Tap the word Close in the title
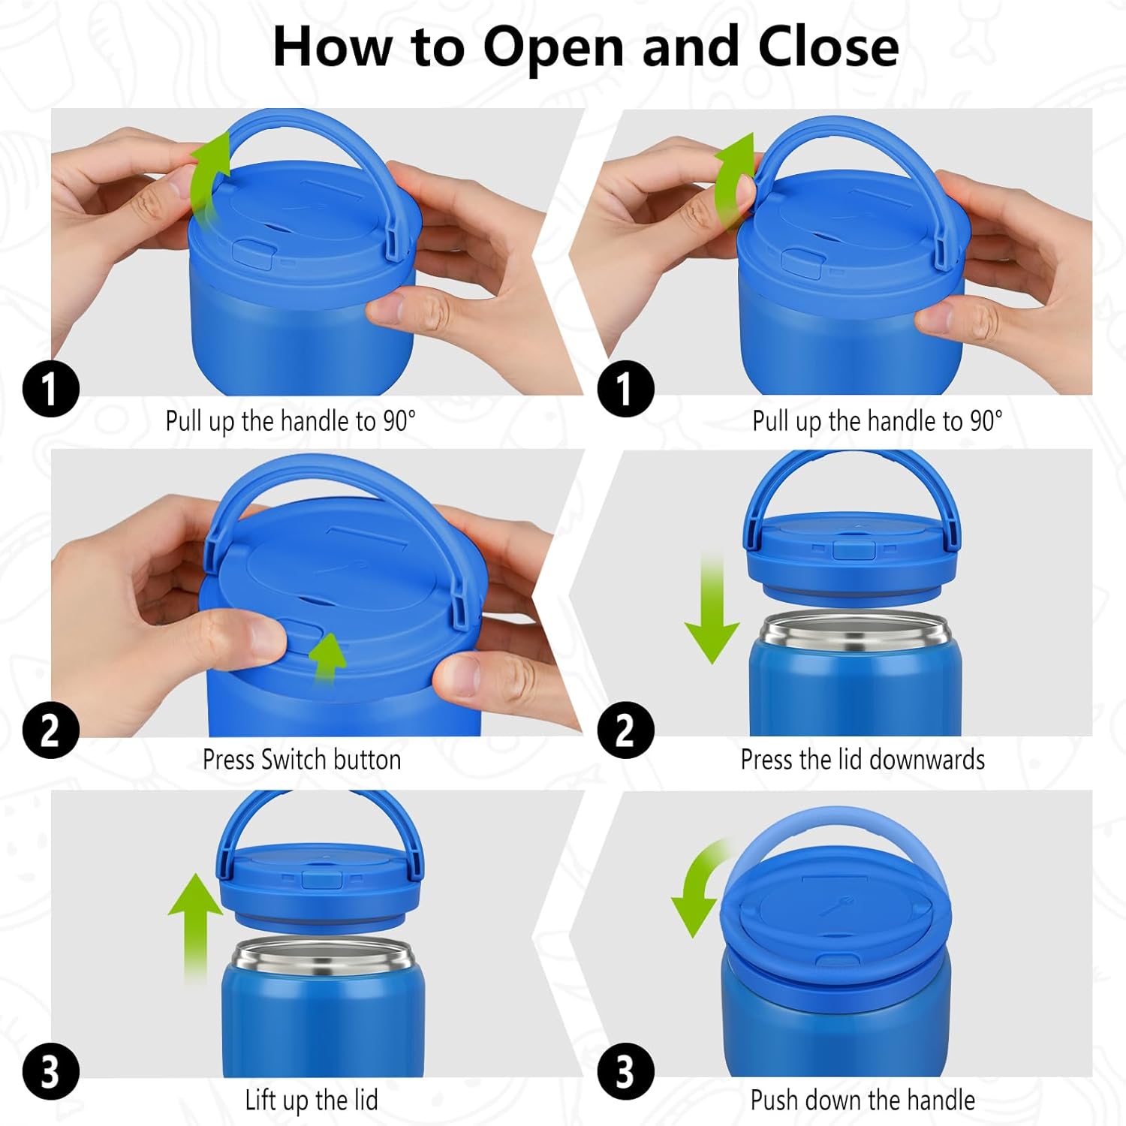click(x=828, y=47)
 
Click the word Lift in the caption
click(x=260, y=1100)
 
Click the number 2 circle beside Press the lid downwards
click(x=626, y=730)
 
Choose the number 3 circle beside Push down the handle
click(x=626, y=1072)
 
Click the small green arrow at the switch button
click(x=327, y=655)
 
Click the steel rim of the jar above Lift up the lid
click(x=323, y=955)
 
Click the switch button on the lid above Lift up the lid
click(x=322, y=879)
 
